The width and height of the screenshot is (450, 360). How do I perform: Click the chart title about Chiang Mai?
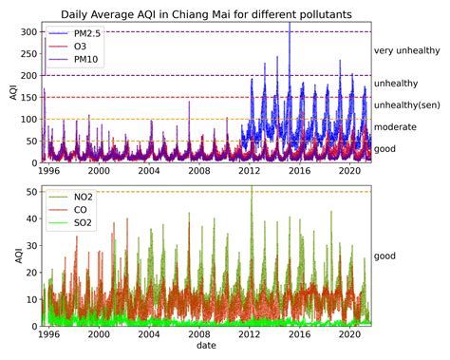pos(207,14)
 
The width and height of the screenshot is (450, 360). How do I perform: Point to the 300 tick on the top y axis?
pos(28,31)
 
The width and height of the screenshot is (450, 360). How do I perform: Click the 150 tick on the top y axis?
pos(28,97)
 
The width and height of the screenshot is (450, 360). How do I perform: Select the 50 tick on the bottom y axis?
pos(30,192)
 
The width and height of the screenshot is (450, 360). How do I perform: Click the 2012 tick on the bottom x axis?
pos(250,336)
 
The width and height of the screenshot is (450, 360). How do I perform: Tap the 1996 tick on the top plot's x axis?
pos(47,172)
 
